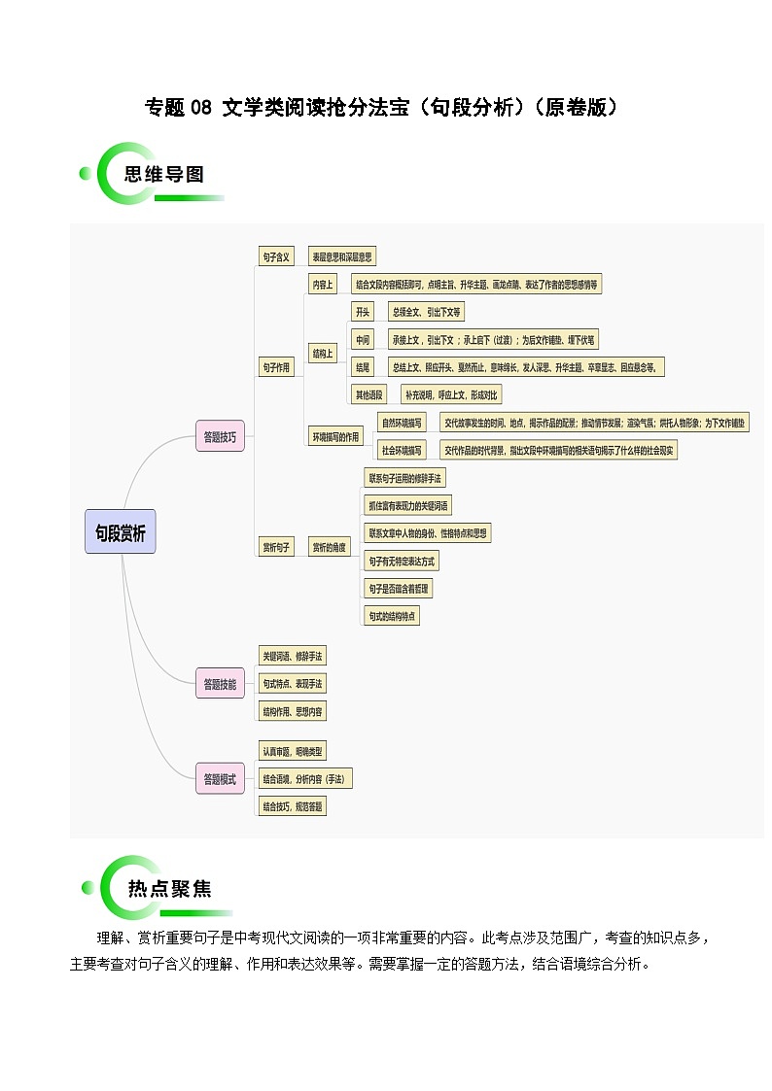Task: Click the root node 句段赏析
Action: tap(120, 532)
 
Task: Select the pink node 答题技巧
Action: tap(220, 436)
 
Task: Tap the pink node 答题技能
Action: tap(220, 684)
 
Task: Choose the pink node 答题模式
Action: tap(220, 779)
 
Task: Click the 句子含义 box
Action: tap(276, 256)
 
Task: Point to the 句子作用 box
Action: tap(276, 367)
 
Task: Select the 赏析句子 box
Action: tap(276, 548)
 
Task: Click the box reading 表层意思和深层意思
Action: tap(341, 256)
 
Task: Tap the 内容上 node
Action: tap(322, 285)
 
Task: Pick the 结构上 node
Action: tap(322, 354)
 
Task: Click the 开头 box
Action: tap(363, 312)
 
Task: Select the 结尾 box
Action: tap(363, 367)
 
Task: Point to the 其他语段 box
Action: tap(368, 394)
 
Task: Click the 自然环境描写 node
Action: tap(402, 423)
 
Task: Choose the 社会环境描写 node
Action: tap(402, 450)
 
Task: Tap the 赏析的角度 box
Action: tap(329, 548)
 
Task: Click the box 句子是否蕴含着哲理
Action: tap(399, 589)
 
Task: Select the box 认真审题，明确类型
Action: tap(293, 752)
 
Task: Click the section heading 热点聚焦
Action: tap(169, 889)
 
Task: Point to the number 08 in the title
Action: tap(200, 108)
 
